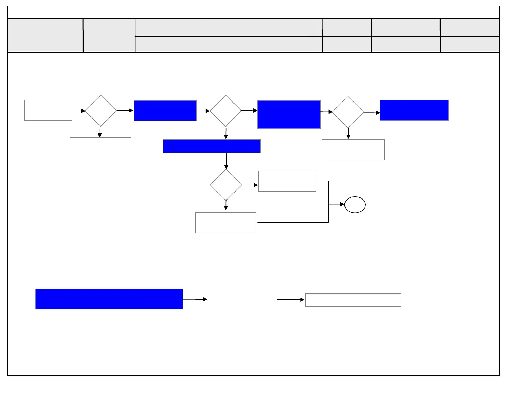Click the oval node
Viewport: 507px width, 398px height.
pyautogui.click(x=355, y=205)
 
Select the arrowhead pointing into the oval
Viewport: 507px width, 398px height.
pyautogui.click(x=342, y=204)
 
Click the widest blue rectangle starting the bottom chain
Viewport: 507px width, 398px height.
pyautogui.click(x=109, y=299)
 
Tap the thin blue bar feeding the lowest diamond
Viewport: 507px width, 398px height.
pyautogui.click(x=212, y=146)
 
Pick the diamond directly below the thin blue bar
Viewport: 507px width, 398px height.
pyautogui.click(x=226, y=185)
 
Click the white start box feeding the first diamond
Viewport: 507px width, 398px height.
pyautogui.click(x=48, y=110)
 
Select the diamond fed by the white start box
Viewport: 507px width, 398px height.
pyautogui.click(x=101, y=111)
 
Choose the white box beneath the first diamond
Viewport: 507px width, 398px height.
pyautogui.click(x=100, y=148)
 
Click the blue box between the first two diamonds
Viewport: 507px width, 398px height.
pyautogui.click(x=165, y=111)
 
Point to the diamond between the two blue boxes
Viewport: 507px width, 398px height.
pyautogui.click(x=226, y=111)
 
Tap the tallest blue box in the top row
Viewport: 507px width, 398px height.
pyautogui.click(x=289, y=114)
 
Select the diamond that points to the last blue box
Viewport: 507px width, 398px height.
pyautogui.click(x=348, y=112)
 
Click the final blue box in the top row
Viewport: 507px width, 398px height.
pyautogui.click(x=414, y=110)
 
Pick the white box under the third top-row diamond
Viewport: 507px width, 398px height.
pyautogui.click(x=353, y=150)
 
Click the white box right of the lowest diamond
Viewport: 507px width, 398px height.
pyautogui.click(x=287, y=181)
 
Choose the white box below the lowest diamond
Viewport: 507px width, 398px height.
pyautogui.click(x=225, y=222)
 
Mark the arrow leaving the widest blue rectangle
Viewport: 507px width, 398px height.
pyautogui.click(x=195, y=299)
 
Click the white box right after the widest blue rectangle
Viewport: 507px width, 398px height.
pyautogui.click(x=243, y=299)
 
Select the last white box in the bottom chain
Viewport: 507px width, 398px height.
pyautogui.click(x=353, y=300)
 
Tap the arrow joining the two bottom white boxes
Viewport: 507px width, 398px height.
pyautogui.click(x=291, y=300)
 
